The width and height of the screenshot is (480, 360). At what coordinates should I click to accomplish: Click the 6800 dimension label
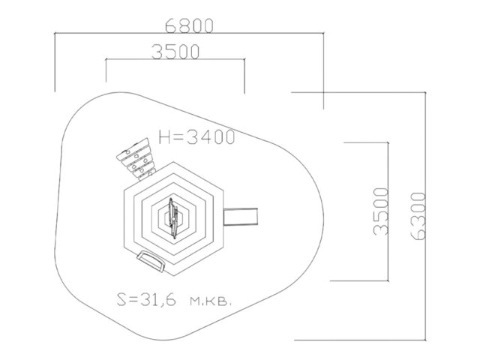[189, 25]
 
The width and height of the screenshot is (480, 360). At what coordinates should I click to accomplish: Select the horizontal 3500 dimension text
[175, 52]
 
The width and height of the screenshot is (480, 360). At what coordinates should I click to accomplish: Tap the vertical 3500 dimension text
[381, 211]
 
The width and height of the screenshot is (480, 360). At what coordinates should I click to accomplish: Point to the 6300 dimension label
[418, 216]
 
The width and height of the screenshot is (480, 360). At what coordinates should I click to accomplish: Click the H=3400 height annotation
[196, 136]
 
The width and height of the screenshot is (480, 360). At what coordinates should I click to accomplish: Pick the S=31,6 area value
[147, 299]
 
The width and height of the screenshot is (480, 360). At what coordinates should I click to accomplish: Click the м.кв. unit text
[211, 301]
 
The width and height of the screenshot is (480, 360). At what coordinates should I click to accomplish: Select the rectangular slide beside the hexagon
[241, 217]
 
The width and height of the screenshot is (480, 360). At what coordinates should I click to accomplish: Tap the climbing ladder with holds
[136, 159]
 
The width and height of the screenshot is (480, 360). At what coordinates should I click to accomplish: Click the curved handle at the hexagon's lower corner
[151, 260]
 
